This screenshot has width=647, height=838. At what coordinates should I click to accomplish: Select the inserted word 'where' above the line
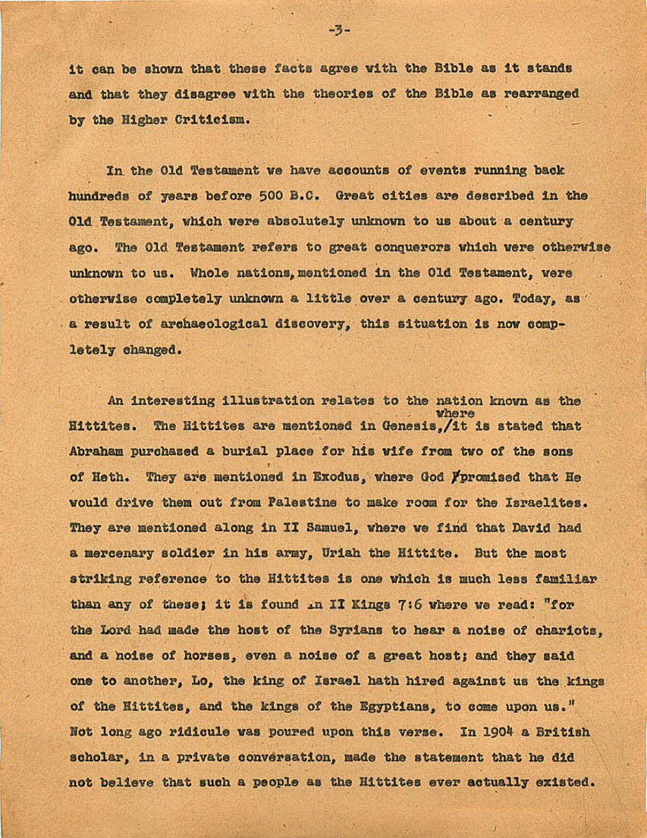[x=455, y=413]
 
